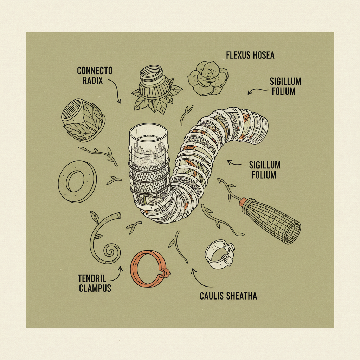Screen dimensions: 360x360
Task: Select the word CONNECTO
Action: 95,71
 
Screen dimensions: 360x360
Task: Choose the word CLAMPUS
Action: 95,289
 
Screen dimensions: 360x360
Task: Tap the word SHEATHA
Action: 242,296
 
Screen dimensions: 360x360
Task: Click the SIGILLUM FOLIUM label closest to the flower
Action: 285,86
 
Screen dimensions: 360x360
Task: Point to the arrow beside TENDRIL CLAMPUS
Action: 121,272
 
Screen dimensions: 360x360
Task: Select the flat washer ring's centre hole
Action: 75,182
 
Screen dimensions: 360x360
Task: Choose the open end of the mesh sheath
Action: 292,233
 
